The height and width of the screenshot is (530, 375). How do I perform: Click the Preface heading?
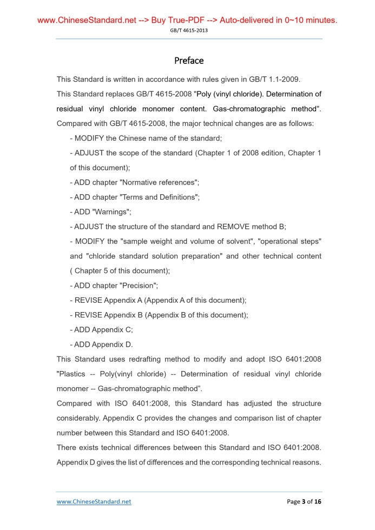(x=189, y=60)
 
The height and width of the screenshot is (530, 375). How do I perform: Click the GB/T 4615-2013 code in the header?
(x=189, y=30)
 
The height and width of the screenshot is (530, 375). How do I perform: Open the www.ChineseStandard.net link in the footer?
(x=94, y=501)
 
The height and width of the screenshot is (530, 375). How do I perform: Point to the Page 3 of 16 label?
(x=304, y=501)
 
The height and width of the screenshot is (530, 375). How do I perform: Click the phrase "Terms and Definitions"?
(x=160, y=197)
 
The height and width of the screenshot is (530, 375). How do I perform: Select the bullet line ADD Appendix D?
(x=101, y=345)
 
